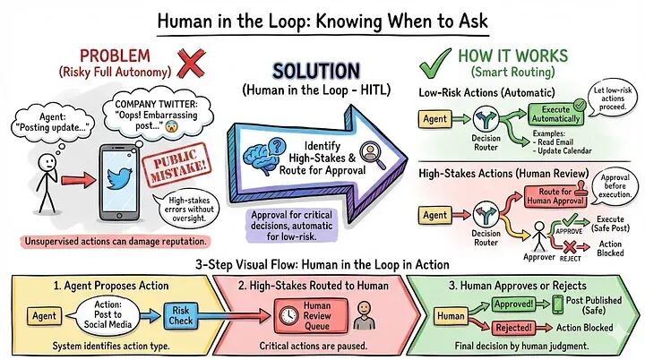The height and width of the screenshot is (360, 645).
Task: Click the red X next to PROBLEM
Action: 192,64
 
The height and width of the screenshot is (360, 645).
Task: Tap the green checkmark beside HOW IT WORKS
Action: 434,64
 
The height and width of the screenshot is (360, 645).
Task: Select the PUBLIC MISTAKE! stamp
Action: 176,165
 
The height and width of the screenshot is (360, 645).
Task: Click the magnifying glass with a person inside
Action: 373,155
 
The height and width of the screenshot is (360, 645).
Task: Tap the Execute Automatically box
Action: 555,114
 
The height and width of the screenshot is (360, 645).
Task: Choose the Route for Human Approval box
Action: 555,196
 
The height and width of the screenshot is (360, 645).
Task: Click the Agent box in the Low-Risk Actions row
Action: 434,119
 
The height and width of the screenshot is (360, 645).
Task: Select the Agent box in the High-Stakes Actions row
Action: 434,215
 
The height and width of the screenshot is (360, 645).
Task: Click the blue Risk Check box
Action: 181,315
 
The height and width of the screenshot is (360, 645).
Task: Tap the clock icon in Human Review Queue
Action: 288,315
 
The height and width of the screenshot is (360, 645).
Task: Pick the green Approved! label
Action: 514,304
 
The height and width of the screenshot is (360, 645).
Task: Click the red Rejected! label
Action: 514,328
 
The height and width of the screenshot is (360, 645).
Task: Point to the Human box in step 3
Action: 451,316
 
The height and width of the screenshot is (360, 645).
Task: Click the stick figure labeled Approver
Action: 539,236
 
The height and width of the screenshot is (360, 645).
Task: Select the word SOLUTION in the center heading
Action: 316,71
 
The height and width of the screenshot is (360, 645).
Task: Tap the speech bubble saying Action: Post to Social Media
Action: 103,314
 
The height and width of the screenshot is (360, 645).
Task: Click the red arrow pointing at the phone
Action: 78,180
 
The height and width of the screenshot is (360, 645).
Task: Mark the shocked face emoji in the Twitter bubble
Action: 170,127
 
